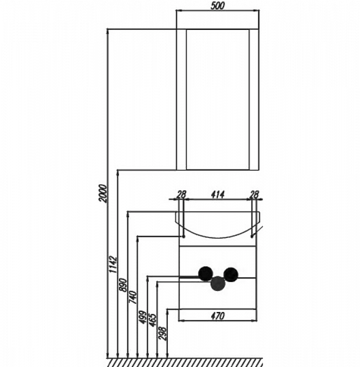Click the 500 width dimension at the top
217,6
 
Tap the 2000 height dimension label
103,193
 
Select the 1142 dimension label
113,264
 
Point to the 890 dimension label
123,284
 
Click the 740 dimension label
133,297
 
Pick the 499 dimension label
143,317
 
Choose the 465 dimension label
152,320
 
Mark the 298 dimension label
162,333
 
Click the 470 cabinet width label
218,316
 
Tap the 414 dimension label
218,195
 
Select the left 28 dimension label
181,195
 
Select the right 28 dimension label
254,195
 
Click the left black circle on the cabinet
206,273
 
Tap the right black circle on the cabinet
231,274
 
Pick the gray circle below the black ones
218,283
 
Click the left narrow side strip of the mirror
181,100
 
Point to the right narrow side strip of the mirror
254,100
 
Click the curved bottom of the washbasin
218,237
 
